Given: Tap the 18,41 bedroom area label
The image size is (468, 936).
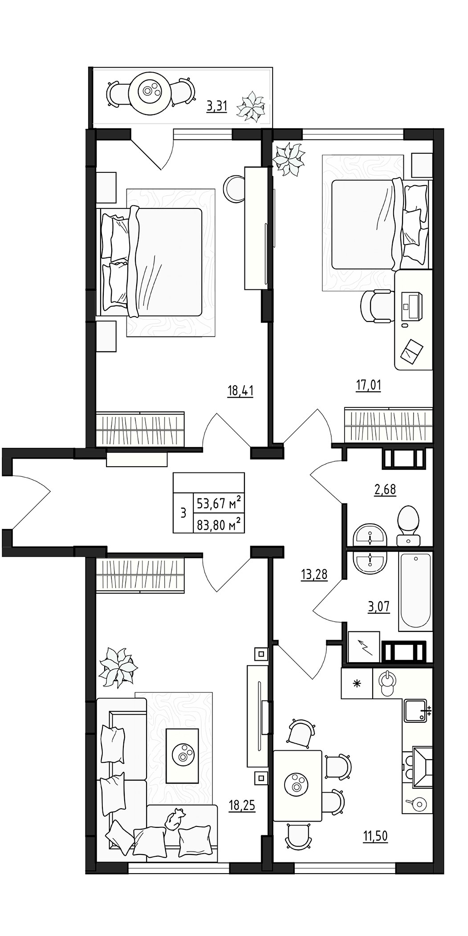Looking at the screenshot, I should [240, 391].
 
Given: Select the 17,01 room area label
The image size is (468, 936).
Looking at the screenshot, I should [368, 384].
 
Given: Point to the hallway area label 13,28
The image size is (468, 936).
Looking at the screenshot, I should [314, 574].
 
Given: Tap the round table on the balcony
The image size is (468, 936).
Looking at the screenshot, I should [150, 92].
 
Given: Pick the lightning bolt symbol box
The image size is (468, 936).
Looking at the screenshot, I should [363, 647].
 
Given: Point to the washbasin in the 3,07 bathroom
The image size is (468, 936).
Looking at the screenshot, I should [369, 562].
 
